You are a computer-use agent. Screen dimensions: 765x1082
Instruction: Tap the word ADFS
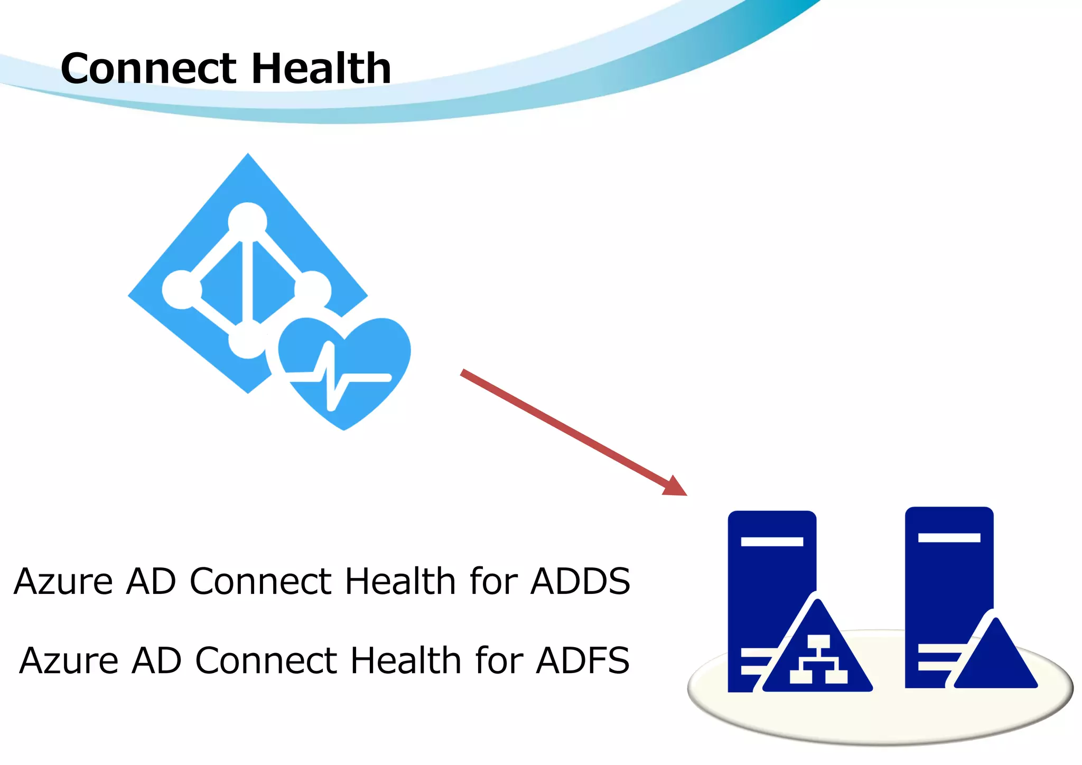pyautogui.click(x=583, y=660)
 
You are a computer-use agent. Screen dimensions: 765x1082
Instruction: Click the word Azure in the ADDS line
pyautogui.click(x=63, y=581)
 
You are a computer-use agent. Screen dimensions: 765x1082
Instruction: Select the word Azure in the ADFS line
pyautogui.click(x=69, y=660)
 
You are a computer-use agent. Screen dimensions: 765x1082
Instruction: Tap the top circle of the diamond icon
pyautogui.click(x=247, y=221)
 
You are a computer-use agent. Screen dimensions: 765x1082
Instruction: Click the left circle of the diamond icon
pyautogui.click(x=181, y=290)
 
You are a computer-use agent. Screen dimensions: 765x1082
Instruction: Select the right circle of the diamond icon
pyautogui.click(x=313, y=290)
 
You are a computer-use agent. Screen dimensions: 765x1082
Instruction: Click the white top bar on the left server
pyautogui.click(x=772, y=542)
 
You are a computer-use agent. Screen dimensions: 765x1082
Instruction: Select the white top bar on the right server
pyautogui.click(x=949, y=538)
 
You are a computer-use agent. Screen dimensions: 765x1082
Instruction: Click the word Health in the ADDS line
pyautogui.click(x=400, y=581)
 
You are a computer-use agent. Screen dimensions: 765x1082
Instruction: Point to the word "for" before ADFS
pyautogui.click(x=499, y=660)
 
